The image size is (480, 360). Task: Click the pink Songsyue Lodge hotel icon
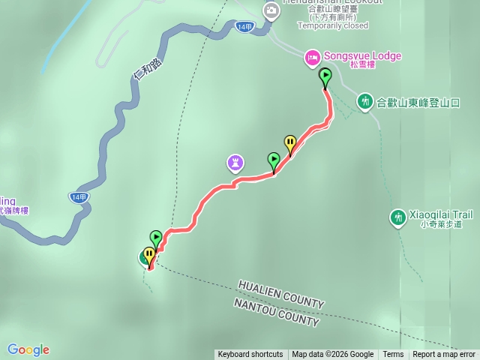click(312, 57)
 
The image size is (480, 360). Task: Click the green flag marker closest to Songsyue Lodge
click(325, 75)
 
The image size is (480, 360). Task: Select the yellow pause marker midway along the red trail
click(289, 142)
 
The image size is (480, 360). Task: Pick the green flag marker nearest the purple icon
click(274, 159)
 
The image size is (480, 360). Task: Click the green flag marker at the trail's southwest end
click(156, 238)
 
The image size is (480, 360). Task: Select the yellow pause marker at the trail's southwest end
click(148, 255)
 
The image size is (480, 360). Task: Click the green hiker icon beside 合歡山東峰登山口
click(364, 100)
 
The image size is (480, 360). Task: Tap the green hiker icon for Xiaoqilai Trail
click(397, 217)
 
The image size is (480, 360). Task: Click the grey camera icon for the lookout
click(271, 10)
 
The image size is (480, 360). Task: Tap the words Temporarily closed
click(333, 25)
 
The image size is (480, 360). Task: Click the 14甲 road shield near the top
click(244, 26)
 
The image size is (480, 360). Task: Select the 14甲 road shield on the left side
click(79, 197)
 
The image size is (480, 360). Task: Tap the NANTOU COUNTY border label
click(276, 312)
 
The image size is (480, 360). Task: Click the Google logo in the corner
click(28, 349)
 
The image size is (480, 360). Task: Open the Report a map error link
click(444, 355)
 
